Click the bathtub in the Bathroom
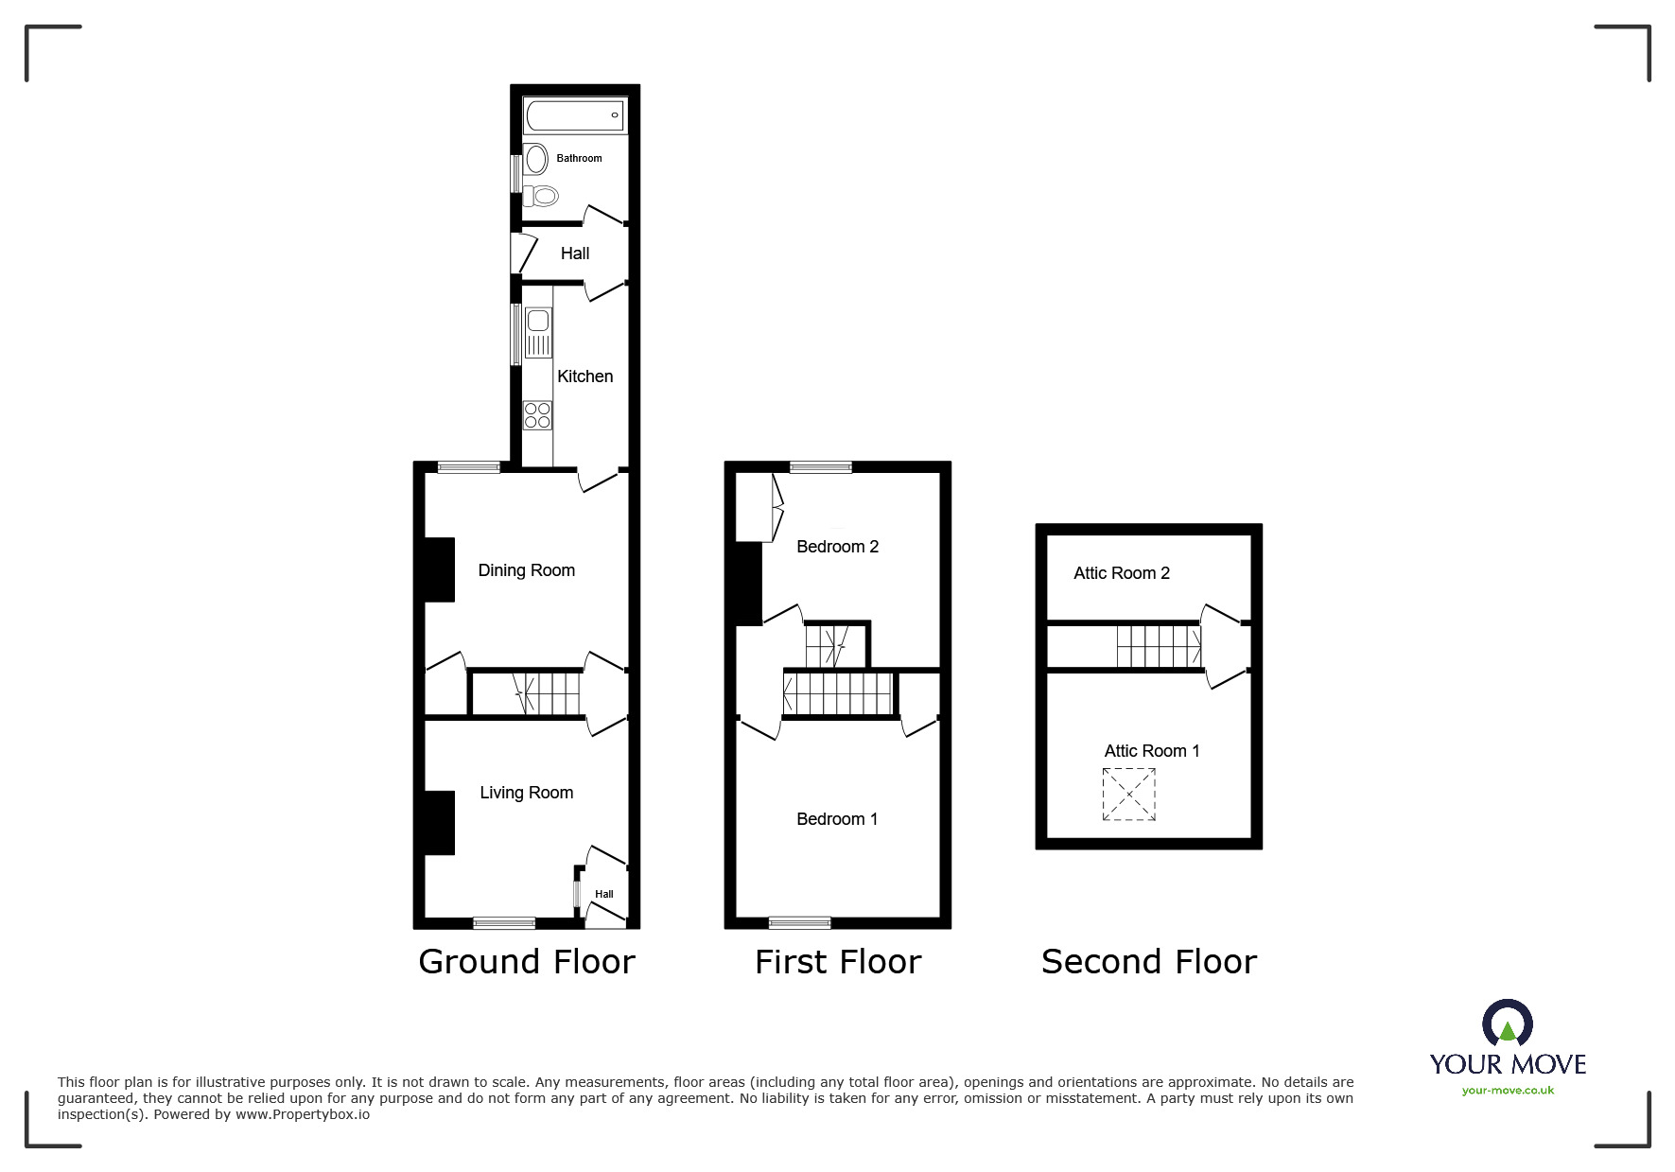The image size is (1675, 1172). click(574, 115)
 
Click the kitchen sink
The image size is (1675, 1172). click(538, 333)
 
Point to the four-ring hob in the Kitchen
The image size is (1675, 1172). click(538, 415)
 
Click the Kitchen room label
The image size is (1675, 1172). click(585, 376)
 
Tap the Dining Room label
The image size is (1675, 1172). click(526, 570)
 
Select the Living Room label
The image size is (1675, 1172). click(526, 793)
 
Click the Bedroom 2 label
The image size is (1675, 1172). click(837, 547)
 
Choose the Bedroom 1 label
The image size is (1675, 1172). click(837, 819)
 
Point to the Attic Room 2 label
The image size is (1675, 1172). click(1121, 573)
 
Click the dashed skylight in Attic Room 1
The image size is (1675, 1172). click(1128, 795)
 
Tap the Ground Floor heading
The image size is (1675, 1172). click(526, 962)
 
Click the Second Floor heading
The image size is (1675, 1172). click(1148, 962)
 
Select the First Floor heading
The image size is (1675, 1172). click(837, 962)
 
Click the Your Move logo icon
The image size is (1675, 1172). click(1507, 1024)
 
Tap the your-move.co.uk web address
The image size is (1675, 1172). click(1507, 1091)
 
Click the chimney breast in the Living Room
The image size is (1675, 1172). click(440, 822)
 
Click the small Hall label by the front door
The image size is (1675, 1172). click(603, 894)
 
